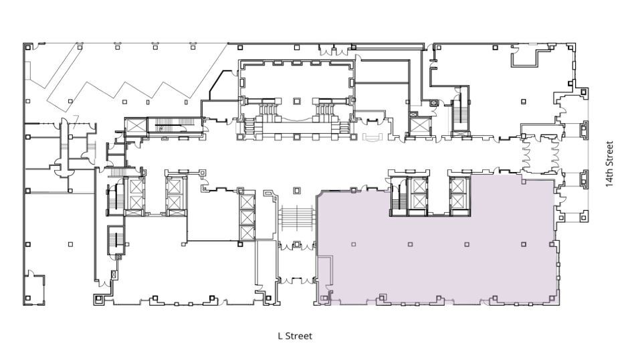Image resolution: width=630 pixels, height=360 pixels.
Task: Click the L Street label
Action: pyautogui.click(x=295, y=336)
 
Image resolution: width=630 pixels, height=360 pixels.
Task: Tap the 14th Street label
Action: pyautogui.click(x=609, y=164)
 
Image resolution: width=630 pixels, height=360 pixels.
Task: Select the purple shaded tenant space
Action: pyautogui.click(x=435, y=261)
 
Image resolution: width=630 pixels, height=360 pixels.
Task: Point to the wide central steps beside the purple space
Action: pyautogui.click(x=297, y=217)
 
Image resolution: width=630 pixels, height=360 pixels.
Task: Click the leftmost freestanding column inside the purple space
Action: pyautogui.click(x=352, y=244)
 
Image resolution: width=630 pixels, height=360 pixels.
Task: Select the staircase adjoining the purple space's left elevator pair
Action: pyautogui.click(x=397, y=195)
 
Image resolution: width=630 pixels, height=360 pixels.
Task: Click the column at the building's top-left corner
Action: pyautogui.click(x=27, y=47)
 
